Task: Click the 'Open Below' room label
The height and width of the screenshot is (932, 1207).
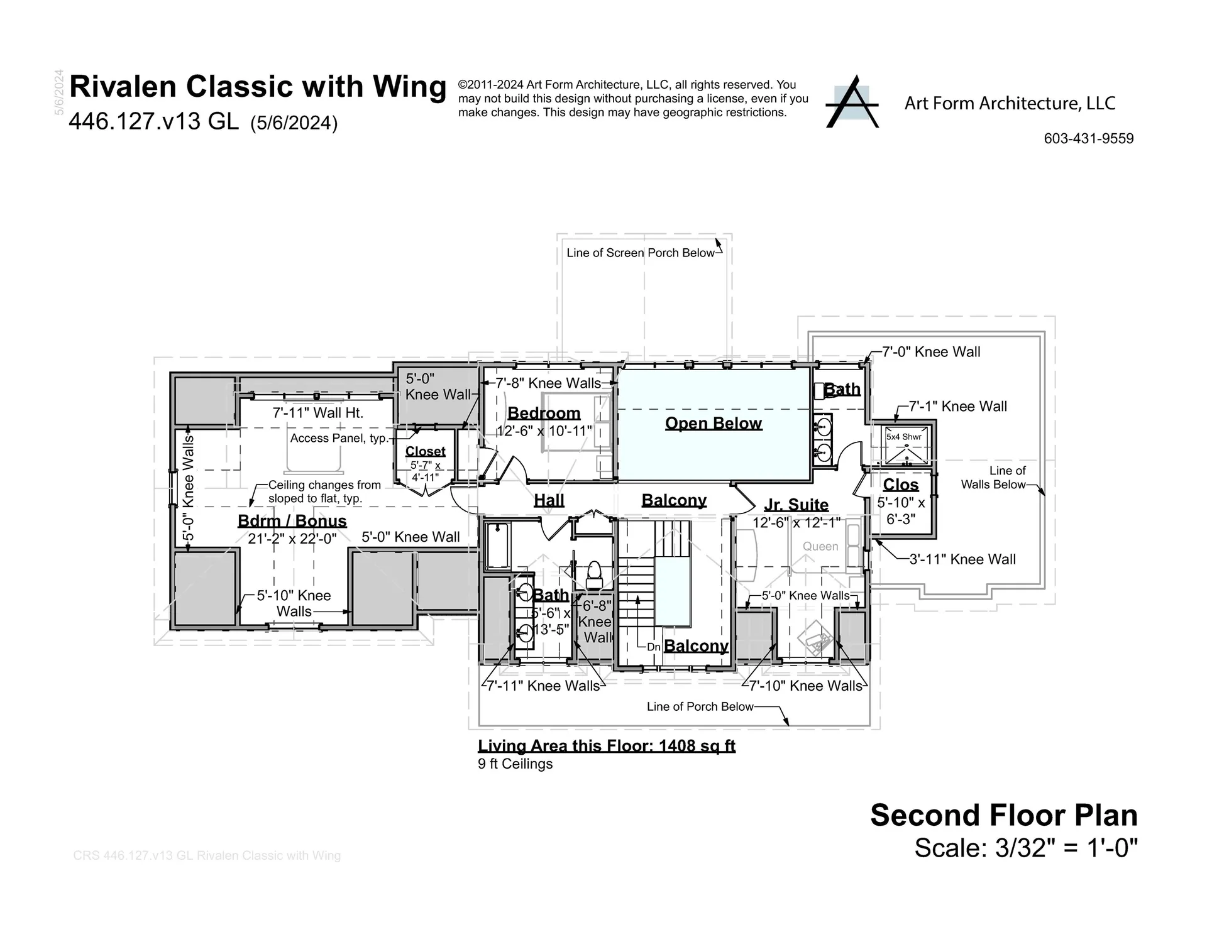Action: pyautogui.click(x=714, y=423)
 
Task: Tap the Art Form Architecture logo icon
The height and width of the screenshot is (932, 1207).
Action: pyautogui.click(x=852, y=103)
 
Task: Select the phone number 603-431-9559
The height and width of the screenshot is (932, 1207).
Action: pyautogui.click(x=1088, y=138)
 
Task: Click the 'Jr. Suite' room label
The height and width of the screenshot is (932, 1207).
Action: pyautogui.click(x=796, y=505)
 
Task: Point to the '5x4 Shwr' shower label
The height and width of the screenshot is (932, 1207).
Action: pyautogui.click(x=903, y=437)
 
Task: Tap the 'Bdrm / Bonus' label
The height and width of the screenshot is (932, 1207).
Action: pyautogui.click(x=292, y=521)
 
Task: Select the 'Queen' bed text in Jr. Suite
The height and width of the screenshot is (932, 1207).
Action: pyautogui.click(x=820, y=547)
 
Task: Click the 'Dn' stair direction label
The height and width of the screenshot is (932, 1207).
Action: pyautogui.click(x=653, y=647)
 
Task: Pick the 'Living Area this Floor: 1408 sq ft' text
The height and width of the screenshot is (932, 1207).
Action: pyautogui.click(x=606, y=746)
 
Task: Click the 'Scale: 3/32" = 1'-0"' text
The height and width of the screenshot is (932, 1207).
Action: pyautogui.click(x=1025, y=848)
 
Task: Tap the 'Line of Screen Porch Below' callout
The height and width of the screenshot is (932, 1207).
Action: pyautogui.click(x=640, y=253)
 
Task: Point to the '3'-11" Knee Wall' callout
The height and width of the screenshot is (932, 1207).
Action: pyautogui.click(x=962, y=559)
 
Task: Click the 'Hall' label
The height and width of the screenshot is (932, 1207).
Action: pyautogui.click(x=549, y=500)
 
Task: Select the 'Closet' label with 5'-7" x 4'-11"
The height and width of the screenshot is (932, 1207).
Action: pyautogui.click(x=425, y=451)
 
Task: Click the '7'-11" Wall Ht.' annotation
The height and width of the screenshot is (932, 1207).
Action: pyautogui.click(x=317, y=413)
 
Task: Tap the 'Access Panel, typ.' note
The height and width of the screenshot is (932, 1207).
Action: pyautogui.click(x=339, y=438)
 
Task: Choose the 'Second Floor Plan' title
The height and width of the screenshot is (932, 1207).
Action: pyautogui.click(x=1003, y=815)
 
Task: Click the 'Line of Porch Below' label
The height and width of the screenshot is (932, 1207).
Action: pyautogui.click(x=700, y=706)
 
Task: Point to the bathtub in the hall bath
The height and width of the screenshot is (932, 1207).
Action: pyautogui.click(x=499, y=545)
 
